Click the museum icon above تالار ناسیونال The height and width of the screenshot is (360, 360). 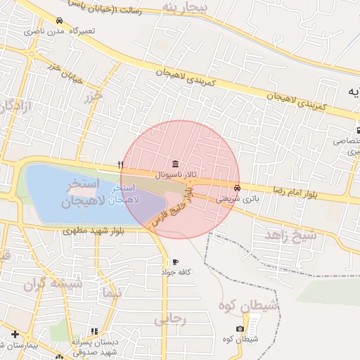coord(175,163)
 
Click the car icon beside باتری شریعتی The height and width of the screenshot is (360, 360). coord(238,188)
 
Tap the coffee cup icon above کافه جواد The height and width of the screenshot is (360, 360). coord(175,262)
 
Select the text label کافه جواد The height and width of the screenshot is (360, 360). coord(176,271)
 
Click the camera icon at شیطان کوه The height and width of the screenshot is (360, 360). coord(240,329)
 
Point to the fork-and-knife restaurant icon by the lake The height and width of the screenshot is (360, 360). coord(122,165)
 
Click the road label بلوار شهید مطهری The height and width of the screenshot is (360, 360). coord(93,231)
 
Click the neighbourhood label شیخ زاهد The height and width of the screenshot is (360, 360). coord(290,236)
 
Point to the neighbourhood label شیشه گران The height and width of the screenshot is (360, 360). coord(53,285)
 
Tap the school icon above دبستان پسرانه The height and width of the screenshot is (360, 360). coord(95,330)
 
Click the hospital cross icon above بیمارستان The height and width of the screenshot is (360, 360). coord(15,333)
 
